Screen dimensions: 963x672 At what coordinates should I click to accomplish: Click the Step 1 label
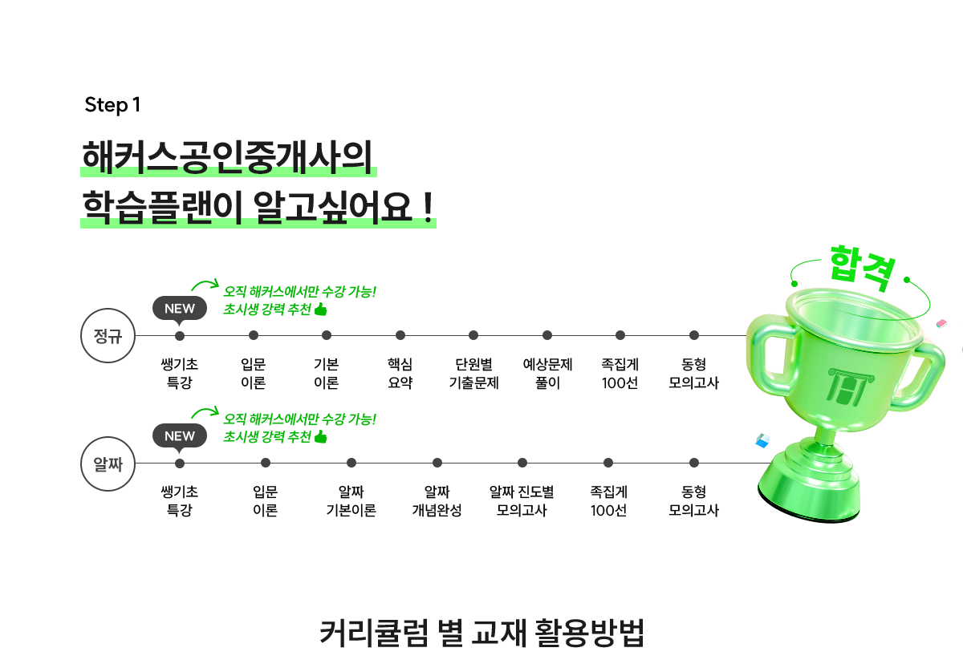[x=112, y=105]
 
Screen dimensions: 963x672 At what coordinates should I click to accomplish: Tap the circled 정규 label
[x=108, y=335]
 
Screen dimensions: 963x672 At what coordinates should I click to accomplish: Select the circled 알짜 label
[x=108, y=464]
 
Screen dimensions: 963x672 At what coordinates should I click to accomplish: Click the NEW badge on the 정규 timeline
[x=180, y=309]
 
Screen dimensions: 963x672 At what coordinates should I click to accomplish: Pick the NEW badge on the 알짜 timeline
[x=180, y=436]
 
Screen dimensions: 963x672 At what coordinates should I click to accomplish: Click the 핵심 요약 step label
[x=400, y=374]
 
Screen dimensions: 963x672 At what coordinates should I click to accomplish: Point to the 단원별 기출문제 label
[x=473, y=374]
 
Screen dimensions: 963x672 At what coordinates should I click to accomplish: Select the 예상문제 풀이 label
[x=547, y=374]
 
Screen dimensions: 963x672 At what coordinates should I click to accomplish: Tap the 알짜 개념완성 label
[x=437, y=501]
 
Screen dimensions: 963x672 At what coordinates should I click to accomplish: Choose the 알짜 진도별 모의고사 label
[x=522, y=501]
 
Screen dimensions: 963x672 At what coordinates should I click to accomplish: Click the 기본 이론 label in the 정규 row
[x=327, y=374]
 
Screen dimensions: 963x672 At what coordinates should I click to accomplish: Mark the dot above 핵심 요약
[x=400, y=335]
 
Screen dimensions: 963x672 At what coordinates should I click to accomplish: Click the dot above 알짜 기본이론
[x=351, y=463]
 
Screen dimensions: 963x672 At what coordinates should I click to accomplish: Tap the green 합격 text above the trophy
[x=863, y=268]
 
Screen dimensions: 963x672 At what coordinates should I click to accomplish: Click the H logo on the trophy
[x=851, y=387]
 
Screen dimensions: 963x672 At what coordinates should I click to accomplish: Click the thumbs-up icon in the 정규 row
[x=321, y=309]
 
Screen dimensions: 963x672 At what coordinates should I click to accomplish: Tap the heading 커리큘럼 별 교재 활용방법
[x=482, y=633]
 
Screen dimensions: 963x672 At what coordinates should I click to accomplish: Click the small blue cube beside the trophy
[x=762, y=440]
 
